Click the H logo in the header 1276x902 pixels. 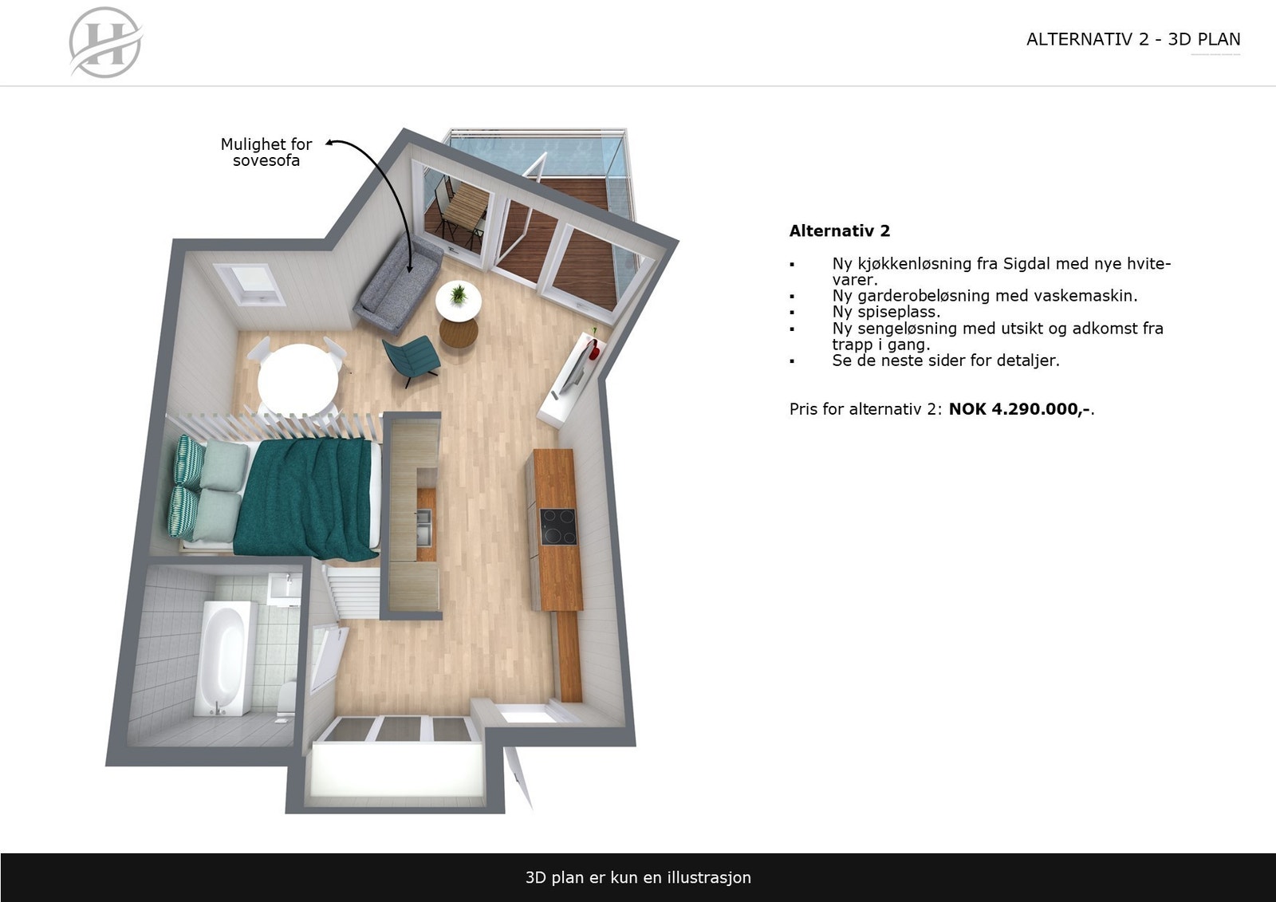pyautogui.click(x=105, y=42)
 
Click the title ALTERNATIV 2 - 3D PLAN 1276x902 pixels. pyautogui.click(x=1132, y=39)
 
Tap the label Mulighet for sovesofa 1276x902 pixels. pyautogui.click(x=266, y=152)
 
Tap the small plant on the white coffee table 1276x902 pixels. pyautogui.click(x=459, y=295)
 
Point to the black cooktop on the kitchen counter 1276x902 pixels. pyautogui.click(x=558, y=526)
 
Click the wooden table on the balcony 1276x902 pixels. pyautogui.click(x=464, y=209)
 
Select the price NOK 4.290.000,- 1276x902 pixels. pyautogui.click(x=1019, y=409)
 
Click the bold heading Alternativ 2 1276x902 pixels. pyautogui.click(x=839, y=231)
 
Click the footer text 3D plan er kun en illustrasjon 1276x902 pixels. pyautogui.click(x=638, y=877)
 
